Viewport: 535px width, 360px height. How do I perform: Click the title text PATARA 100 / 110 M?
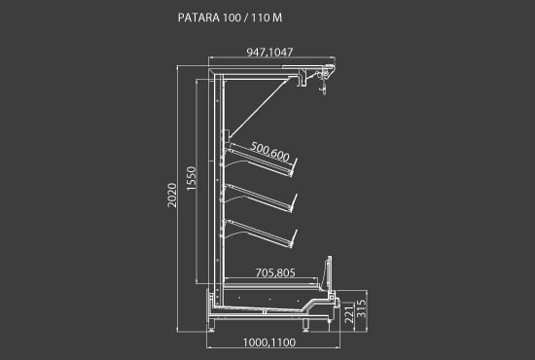(230, 18)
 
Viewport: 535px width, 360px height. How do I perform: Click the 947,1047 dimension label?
(269, 53)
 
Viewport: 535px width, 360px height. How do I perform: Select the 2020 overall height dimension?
(172, 196)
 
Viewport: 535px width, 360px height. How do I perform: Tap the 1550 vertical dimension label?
(192, 178)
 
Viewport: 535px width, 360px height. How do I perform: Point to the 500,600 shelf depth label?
(269, 152)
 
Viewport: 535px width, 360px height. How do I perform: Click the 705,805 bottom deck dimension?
(275, 272)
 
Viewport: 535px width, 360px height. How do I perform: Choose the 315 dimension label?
(361, 308)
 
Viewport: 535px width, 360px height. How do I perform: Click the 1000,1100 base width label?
(269, 342)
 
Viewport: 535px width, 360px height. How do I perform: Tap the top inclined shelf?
(260, 162)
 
